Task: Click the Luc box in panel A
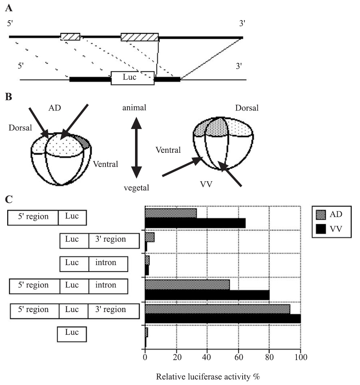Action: (x=133, y=78)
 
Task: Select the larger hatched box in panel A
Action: (x=140, y=37)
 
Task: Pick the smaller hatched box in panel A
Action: (x=70, y=36)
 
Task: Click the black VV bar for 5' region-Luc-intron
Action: (x=207, y=295)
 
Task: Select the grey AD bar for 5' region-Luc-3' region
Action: (x=217, y=309)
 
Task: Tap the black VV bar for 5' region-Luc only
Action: (x=195, y=223)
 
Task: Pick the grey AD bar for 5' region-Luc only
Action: (x=171, y=213)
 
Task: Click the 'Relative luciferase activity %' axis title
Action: (x=208, y=377)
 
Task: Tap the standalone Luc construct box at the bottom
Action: (x=72, y=334)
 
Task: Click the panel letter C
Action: (x=10, y=199)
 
